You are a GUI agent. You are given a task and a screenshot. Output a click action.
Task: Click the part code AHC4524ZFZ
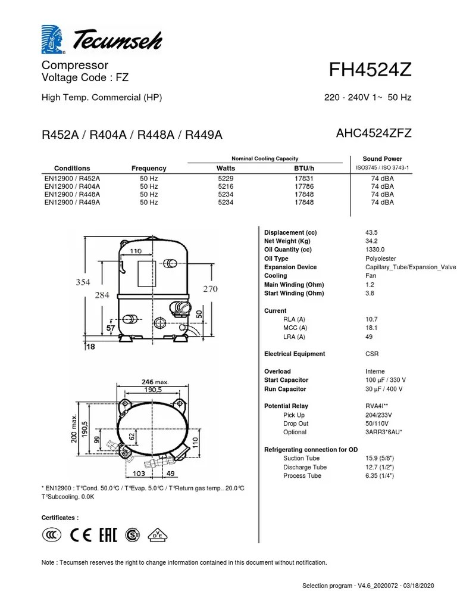pyautogui.click(x=374, y=133)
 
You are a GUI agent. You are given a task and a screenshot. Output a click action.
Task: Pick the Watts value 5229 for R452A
pyautogui.click(x=226, y=178)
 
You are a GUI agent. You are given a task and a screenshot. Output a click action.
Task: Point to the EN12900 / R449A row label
pyautogui.click(x=72, y=203)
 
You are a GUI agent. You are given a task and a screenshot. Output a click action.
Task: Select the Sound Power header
pyautogui.click(x=382, y=159)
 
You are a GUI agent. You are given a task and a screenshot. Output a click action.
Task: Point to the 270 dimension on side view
pyautogui.click(x=210, y=290)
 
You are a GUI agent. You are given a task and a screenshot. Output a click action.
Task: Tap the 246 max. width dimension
pyautogui.click(x=155, y=382)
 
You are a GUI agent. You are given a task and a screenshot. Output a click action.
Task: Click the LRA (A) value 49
pyautogui.click(x=369, y=337)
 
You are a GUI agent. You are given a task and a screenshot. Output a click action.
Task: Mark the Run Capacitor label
pyautogui.click(x=285, y=389)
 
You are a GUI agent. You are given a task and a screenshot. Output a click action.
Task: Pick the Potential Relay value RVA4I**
pyautogui.click(x=378, y=406)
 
